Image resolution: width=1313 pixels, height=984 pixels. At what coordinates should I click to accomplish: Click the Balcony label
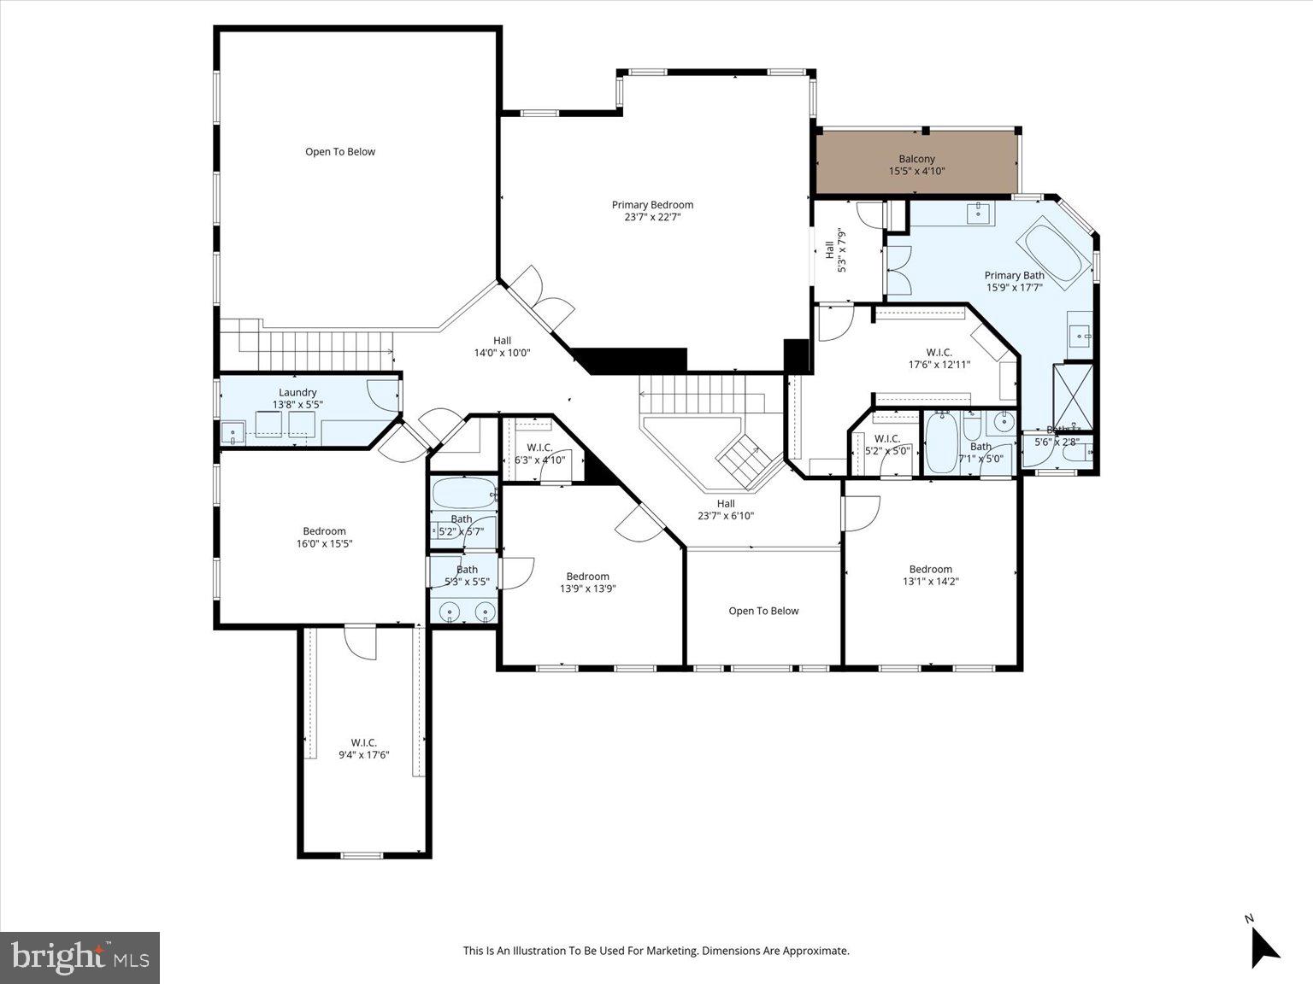click(916, 165)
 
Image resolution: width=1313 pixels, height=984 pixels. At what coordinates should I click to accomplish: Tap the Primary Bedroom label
click(652, 210)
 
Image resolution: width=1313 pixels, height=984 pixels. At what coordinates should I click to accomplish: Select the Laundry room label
click(297, 398)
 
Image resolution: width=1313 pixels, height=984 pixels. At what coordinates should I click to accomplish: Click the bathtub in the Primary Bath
click(1054, 249)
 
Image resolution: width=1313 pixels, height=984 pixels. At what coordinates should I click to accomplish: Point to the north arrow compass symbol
click(1263, 944)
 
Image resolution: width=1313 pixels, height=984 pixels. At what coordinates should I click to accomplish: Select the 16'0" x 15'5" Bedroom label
click(324, 537)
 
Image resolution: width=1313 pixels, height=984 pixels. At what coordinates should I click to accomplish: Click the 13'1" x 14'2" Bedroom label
click(930, 575)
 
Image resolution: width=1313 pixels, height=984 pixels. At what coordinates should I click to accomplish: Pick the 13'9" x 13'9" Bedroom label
click(587, 582)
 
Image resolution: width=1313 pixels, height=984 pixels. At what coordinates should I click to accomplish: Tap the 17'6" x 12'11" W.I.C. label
click(939, 358)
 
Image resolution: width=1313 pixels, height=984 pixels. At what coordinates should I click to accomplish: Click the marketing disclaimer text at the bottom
click(656, 950)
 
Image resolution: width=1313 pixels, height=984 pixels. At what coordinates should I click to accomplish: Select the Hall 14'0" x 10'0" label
click(502, 346)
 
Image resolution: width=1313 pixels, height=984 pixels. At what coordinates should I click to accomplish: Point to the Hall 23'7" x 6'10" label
click(726, 509)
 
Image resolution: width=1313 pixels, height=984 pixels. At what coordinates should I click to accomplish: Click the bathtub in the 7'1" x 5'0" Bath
click(942, 442)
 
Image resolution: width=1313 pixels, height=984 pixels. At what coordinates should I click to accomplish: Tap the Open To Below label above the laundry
click(340, 152)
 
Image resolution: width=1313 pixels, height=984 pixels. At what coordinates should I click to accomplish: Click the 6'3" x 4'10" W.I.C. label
click(539, 454)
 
